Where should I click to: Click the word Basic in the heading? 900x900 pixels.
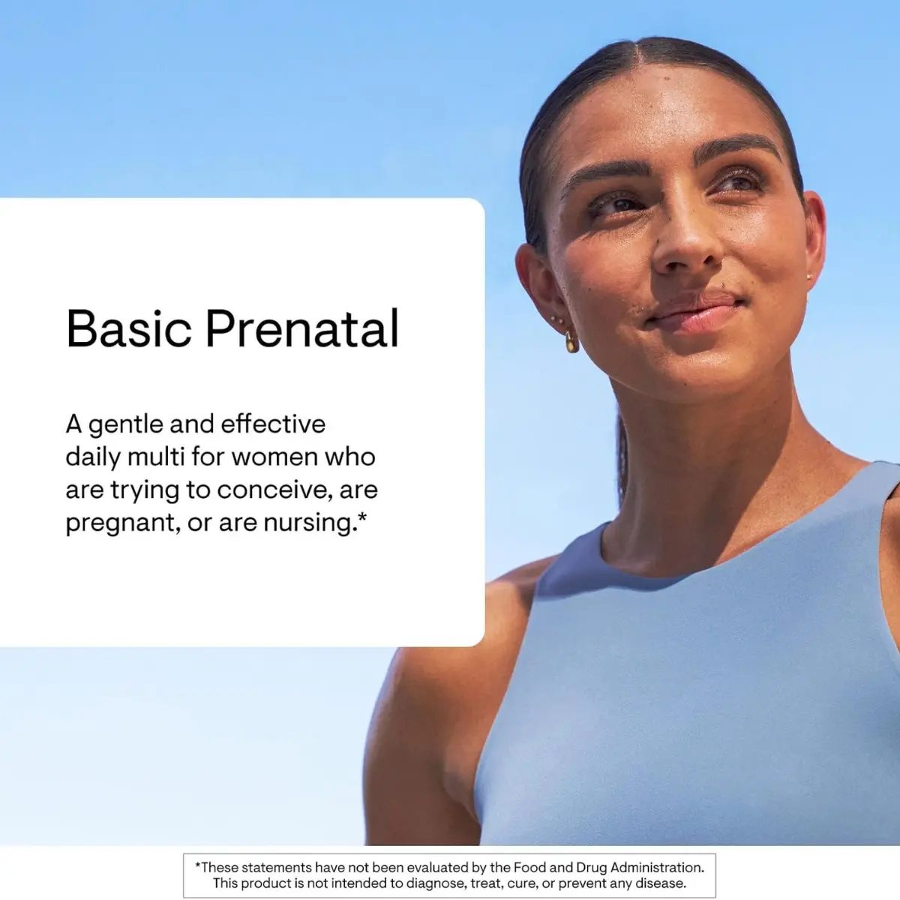(129, 328)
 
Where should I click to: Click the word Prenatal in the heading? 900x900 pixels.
(303, 328)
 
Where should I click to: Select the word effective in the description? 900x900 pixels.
(273, 424)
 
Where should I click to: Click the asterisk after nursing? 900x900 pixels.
(362, 517)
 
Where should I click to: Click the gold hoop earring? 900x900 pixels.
(571, 342)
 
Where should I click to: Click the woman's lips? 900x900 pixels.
(696, 310)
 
